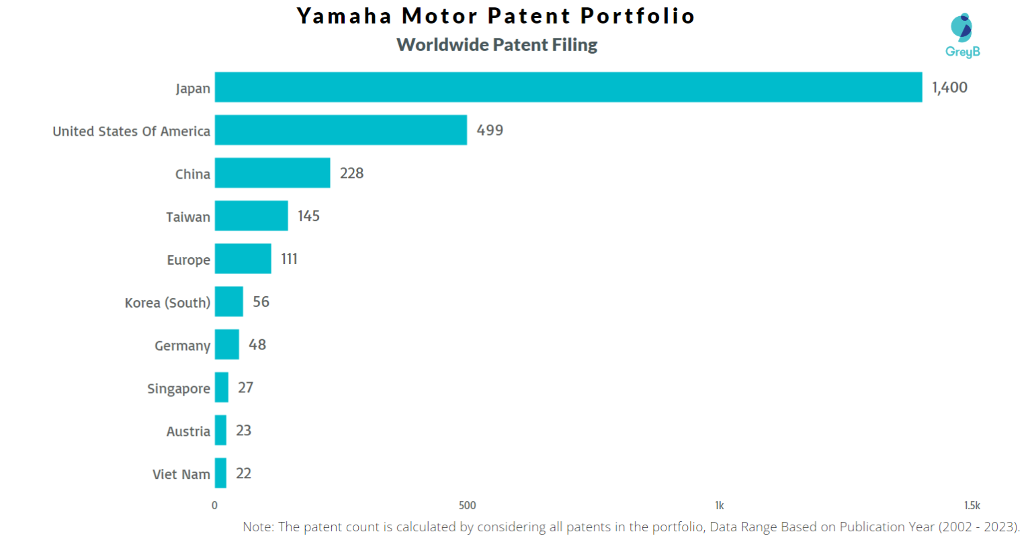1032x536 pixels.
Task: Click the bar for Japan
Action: [568, 87]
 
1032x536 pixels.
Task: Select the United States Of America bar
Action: [341, 130]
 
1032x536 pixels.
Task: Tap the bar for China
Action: [272, 173]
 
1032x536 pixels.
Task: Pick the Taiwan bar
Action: [251, 216]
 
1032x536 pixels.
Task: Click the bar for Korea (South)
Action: [229, 302]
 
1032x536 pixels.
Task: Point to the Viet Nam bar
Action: [220, 474]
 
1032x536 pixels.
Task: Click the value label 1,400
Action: [949, 87]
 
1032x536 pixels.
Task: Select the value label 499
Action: [490, 130]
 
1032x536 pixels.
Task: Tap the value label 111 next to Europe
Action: [289, 259]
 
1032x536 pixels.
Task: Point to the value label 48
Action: [257, 345]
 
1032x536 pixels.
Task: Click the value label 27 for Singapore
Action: [245, 388]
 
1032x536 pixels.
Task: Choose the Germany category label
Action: [182, 346]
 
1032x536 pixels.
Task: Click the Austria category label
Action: [188, 431]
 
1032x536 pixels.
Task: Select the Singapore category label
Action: [179, 389]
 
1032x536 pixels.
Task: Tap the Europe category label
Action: [188, 260]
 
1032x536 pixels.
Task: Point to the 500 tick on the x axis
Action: [467, 506]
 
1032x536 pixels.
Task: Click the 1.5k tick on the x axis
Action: [972, 506]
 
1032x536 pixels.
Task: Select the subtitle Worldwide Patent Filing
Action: [497, 45]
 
